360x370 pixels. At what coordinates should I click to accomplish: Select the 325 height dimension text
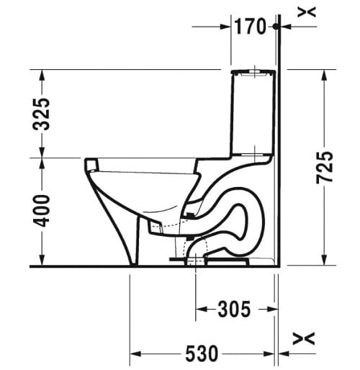(x=42, y=113)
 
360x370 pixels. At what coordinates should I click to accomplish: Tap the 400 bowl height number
(x=42, y=211)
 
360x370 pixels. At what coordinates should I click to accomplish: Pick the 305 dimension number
(x=234, y=310)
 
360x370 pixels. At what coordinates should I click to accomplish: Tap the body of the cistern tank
(x=252, y=112)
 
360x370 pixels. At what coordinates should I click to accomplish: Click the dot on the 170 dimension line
(x=276, y=27)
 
